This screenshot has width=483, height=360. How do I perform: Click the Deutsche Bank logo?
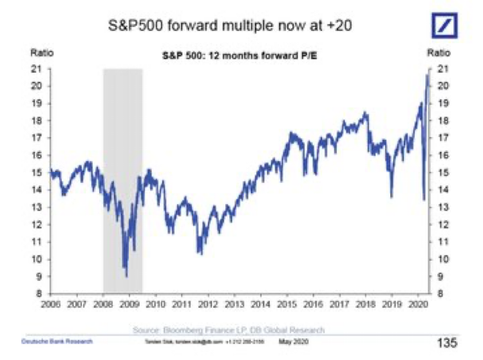(x=446, y=25)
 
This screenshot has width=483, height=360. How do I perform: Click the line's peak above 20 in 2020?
(x=427, y=75)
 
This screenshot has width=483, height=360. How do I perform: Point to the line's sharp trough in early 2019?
(x=392, y=197)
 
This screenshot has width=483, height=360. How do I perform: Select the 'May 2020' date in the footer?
(x=294, y=341)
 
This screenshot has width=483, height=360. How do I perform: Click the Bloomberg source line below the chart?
(x=229, y=330)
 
